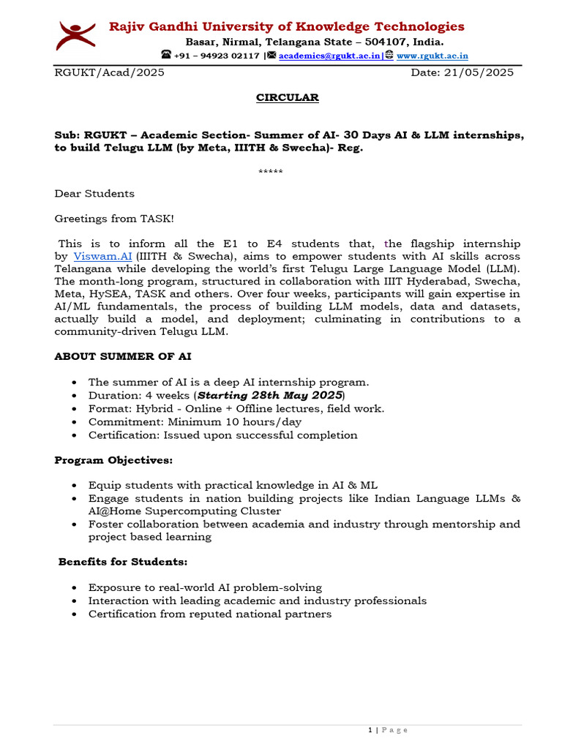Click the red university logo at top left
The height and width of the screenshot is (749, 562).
tap(76, 36)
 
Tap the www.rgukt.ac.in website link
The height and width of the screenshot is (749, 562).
tap(432, 56)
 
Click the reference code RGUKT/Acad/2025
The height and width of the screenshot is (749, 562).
tap(110, 72)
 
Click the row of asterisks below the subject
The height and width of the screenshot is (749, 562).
tap(271, 172)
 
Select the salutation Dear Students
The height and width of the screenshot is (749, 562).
tap(94, 194)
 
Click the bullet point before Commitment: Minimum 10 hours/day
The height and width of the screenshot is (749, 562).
tap(76, 422)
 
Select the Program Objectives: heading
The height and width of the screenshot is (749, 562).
tap(113, 460)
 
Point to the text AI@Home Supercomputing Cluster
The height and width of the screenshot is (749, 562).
tap(184, 511)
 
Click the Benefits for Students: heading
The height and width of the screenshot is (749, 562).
tap(123, 562)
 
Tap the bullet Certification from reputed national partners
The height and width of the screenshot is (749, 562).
tap(209, 614)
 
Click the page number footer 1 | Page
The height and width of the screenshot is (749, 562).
tap(387, 730)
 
